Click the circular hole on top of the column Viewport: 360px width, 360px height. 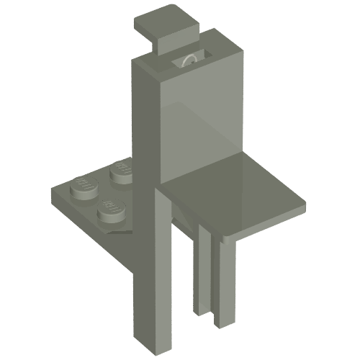(x=189, y=60)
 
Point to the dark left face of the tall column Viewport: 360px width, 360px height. (x=144, y=144)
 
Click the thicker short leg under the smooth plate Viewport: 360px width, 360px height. (x=223, y=281)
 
